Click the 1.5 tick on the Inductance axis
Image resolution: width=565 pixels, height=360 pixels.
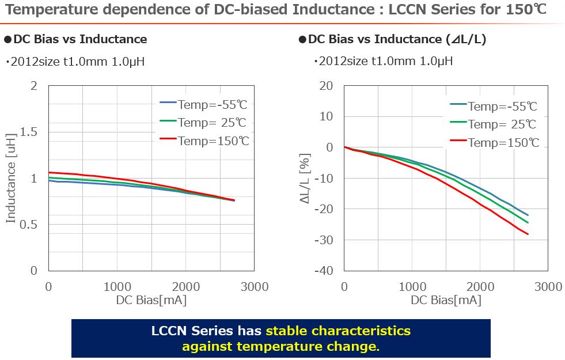30,132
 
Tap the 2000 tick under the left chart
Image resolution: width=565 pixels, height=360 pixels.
185,286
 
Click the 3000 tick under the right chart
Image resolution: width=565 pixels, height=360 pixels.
548,286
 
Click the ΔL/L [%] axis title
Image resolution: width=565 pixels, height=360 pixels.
305,178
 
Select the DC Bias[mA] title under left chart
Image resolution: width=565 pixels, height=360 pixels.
151,300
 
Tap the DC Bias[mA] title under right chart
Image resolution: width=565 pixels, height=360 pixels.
446,300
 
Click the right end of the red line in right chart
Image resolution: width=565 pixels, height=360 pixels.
528,234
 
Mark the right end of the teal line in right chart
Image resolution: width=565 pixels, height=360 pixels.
528,215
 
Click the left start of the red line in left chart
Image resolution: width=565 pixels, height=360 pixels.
49,172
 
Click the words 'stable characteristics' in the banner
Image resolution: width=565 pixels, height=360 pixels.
338,331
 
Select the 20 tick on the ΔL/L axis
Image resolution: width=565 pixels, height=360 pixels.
327,86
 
